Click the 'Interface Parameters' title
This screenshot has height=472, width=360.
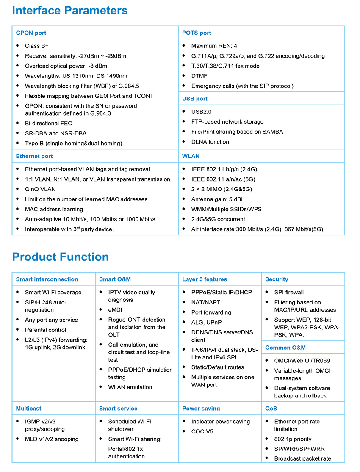[x=70, y=10]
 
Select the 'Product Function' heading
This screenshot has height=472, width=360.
[x=61, y=257]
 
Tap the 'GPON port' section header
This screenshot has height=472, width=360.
[x=31, y=33]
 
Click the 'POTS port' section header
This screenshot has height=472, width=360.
[x=197, y=33]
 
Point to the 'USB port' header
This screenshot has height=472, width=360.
[x=195, y=99]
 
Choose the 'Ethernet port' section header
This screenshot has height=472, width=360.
[x=34, y=156]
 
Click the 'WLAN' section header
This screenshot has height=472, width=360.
[x=191, y=156]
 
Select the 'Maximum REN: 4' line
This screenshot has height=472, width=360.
[x=214, y=46]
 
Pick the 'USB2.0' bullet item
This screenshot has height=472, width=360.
[x=201, y=112]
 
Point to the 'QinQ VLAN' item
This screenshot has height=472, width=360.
[x=40, y=189]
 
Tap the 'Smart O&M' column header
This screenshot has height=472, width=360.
[x=115, y=279]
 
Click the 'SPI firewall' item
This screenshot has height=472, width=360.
[x=289, y=292]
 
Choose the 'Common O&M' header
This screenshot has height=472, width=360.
[x=285, y=348]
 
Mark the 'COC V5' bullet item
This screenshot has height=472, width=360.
[x=202, y=431]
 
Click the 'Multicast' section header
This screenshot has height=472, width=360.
[x=28, y=409]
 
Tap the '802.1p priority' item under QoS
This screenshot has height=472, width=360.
[x=293, y=439]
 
